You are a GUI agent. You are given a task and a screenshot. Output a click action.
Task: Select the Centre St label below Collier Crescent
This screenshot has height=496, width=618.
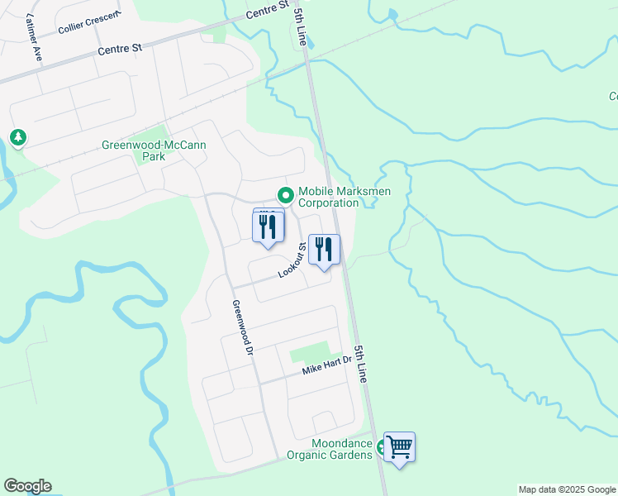120,50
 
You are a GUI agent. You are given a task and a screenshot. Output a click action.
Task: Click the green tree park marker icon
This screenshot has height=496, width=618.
17,136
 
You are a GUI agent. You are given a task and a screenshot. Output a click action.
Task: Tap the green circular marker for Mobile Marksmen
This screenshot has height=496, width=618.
286,196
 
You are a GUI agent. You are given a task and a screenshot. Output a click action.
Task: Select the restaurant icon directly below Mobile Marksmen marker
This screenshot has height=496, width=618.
268,226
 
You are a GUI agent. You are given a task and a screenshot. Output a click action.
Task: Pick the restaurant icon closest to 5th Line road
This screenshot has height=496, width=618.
324,250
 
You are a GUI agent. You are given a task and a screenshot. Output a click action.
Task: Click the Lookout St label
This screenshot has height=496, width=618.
293,260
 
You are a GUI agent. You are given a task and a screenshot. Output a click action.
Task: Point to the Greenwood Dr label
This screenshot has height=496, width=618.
241,327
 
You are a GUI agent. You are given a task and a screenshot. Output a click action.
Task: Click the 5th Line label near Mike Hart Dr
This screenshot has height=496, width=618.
360,363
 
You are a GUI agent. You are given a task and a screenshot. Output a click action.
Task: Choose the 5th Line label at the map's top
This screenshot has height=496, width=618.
298,23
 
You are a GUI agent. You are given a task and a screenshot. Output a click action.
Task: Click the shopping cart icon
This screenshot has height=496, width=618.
400,447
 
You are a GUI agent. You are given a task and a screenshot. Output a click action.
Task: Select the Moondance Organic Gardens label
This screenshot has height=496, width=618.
330,449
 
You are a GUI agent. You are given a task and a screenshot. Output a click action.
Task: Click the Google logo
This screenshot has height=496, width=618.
27,486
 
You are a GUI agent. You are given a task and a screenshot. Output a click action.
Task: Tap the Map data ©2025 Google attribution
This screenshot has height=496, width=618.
567,489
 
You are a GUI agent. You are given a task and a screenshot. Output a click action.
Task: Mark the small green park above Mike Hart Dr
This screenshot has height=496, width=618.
309,353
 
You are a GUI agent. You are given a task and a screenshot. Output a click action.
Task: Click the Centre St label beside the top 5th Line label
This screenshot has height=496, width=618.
268,11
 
